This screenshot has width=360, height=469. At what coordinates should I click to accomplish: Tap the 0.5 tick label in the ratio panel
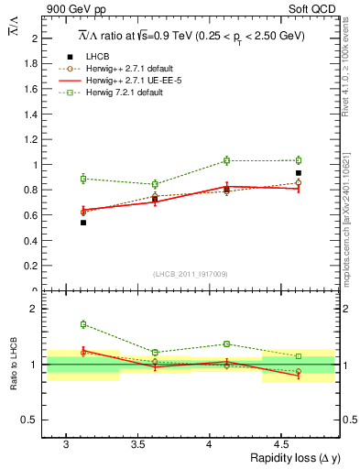(x=29, y=420)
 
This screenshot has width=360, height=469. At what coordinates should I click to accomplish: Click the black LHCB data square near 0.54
(x=83, y=223)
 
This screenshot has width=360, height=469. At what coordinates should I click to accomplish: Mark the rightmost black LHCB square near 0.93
(x=298, y=173)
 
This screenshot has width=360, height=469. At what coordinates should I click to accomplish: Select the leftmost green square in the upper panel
(x=83, y=179)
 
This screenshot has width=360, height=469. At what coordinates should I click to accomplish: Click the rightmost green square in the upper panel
(x=298, y=160)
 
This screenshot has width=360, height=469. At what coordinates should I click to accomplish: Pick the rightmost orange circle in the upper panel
(x=298, y=182)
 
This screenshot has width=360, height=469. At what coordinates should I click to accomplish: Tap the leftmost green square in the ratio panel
(x=83, y=324)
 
